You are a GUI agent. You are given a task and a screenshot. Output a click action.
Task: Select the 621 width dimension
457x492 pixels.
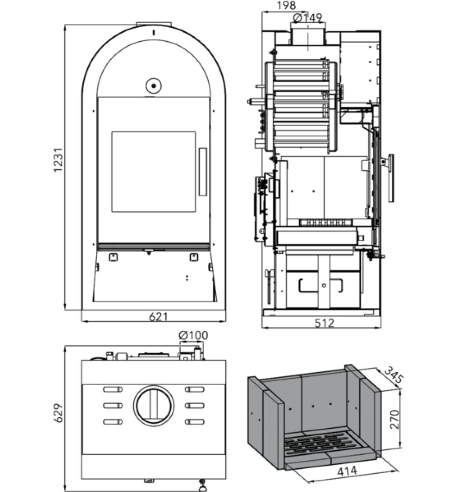(x=158, y=316)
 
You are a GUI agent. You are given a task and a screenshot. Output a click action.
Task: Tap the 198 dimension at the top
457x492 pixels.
(x=286, y=5)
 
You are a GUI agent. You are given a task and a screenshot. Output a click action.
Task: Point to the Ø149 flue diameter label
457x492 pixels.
(x=307, y=18)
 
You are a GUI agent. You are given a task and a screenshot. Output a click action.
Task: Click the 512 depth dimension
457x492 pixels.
(x=324, y=323)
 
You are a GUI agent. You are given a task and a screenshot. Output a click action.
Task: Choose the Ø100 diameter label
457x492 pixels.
(x=193, y=336)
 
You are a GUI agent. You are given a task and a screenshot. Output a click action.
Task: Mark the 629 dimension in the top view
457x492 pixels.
(x=58, y=413)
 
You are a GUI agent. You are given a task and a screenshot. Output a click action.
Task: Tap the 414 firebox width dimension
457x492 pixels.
(x=347, y=471)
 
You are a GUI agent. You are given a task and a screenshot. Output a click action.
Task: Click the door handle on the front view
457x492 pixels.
(x=203, y=172)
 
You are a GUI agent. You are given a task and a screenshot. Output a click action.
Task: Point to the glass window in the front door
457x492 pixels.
(x=153, y=172)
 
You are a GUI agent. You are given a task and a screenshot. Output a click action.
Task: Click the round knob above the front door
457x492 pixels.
(x=153, y=86)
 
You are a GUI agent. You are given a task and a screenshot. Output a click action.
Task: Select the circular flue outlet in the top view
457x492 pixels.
(x=153, y=405)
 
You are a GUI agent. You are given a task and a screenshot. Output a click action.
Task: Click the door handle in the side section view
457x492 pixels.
(x=391, y=177)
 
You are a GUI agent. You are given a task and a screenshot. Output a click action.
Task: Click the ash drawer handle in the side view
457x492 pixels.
(x=321, y=286)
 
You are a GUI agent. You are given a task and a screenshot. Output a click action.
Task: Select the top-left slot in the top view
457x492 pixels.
(x=112, y=389)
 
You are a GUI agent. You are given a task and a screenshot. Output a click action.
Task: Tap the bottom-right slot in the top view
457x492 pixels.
(x=194, y=422)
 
